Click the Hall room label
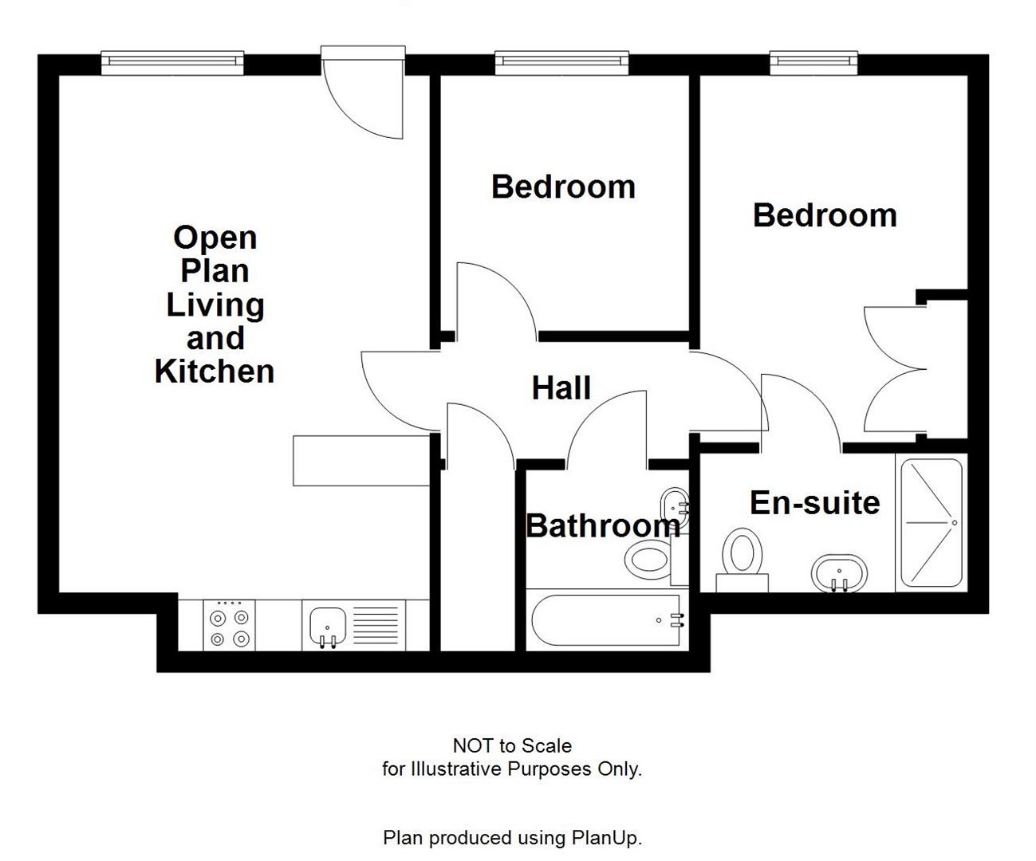click(561, 388)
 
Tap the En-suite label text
click(814, 502)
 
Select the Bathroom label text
click(602, 525)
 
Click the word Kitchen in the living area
click(214, 372)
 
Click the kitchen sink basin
click(327, 623)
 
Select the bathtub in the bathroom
click(606, 620)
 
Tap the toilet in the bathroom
click(650, 559)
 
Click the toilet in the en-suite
click(743, 556)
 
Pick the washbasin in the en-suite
click(837, 572)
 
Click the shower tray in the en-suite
click(931, 522)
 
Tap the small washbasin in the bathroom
click(674, 504)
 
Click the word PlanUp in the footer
click(605, 838)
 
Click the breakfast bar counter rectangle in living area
click(361, 461)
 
